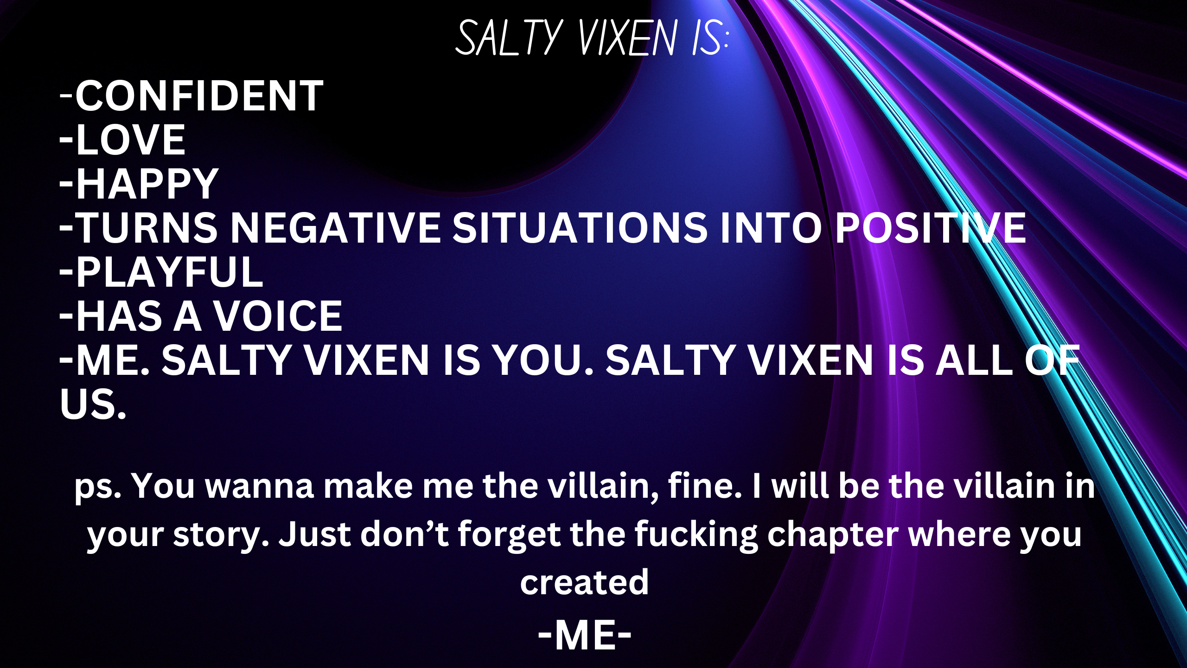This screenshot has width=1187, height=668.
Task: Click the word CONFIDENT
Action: [x=199, y=96]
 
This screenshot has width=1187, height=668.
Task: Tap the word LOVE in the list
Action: [x=131, y=140]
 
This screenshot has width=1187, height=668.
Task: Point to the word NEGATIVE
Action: [x=335, y=227]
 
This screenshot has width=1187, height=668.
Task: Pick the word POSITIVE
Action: [x=930, y=227]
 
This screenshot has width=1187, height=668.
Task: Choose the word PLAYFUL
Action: [x=170, y=272]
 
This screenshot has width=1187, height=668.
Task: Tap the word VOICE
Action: [x=278, y=316]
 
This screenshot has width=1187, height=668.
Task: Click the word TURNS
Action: [x=147, y=227]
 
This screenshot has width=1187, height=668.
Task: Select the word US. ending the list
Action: [x=93, y=404]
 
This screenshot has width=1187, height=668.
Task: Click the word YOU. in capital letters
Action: [x=542, y=360]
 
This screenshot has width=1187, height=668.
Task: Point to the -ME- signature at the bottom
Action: [x=584, y=636]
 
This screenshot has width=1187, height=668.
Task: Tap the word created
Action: [x=584, y=582]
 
